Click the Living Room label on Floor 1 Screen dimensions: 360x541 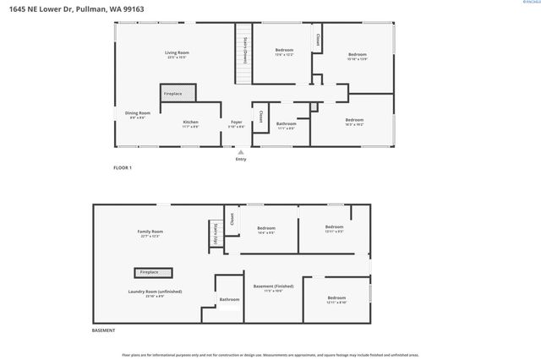(176, 53)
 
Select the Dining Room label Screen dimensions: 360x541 (138, 114)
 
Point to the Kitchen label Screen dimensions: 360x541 (191, 123)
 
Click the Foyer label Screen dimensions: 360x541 (237, 123)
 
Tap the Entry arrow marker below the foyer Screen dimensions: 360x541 (241, 153)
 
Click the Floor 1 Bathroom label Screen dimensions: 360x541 (286, 125)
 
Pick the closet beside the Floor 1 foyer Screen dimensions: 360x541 (261, 117)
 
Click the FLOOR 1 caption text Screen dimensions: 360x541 (123, 168)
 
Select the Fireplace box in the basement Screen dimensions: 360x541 (152, 272)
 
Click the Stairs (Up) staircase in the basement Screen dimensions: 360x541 (216, 233)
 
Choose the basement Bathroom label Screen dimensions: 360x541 (229, 299)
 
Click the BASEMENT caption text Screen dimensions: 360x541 (103, 330)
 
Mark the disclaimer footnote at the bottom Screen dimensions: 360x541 (270, 355)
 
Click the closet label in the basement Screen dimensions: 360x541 (231, 218)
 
